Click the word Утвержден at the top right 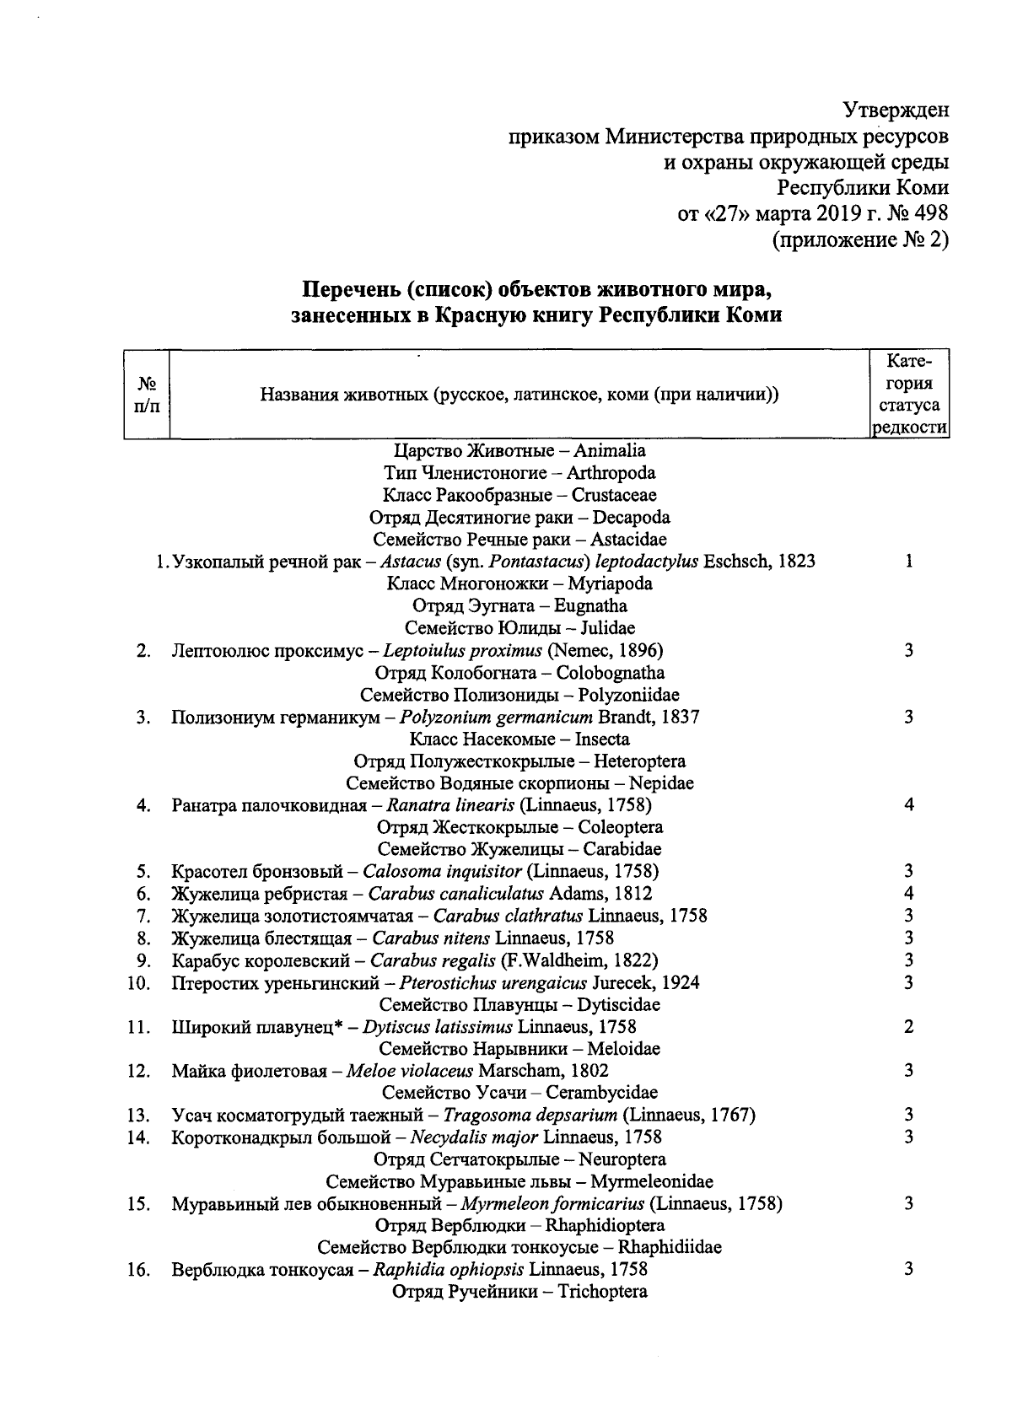896,110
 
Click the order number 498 929,213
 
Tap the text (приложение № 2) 860,240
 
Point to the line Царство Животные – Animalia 519,450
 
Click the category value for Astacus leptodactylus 909,561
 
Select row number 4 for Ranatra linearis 143,805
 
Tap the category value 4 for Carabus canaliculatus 909,893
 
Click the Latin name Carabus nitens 433,938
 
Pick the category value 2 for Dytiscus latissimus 909,1026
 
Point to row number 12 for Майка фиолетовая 139,1071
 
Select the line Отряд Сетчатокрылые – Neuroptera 519,1159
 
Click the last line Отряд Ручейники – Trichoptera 519,1292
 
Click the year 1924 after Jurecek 682,982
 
